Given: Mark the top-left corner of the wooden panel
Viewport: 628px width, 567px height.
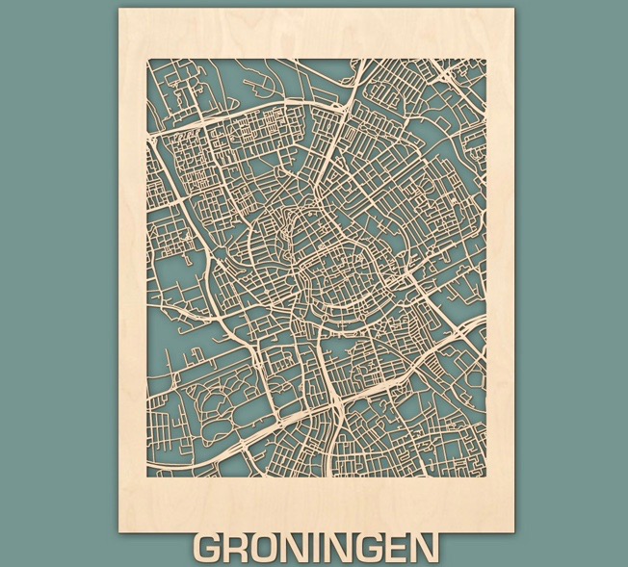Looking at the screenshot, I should tap(118, 9).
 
